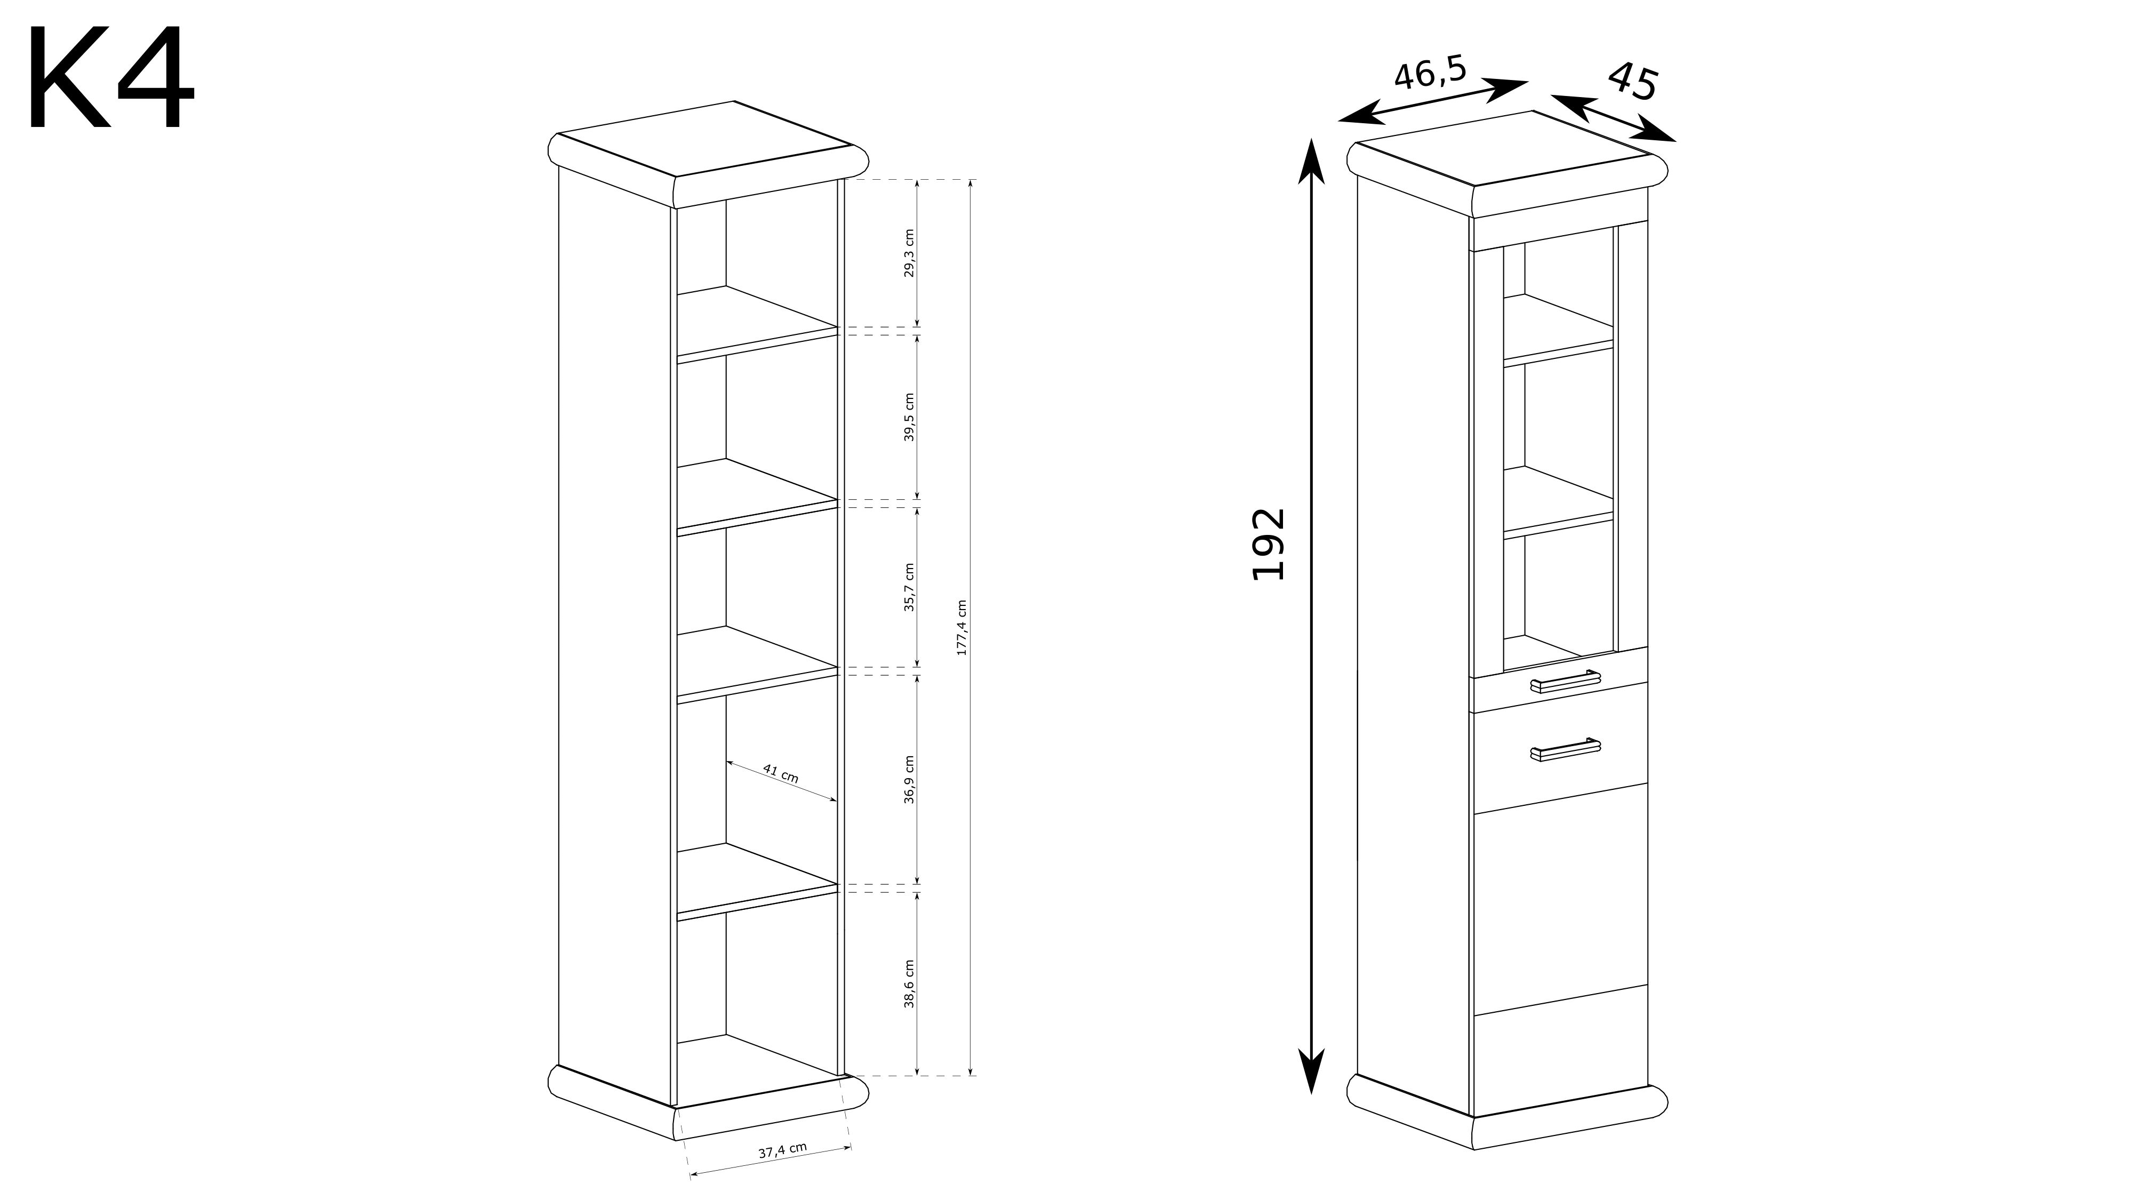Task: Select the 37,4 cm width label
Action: click(782, 1149)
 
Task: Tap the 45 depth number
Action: click(1633, 81)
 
